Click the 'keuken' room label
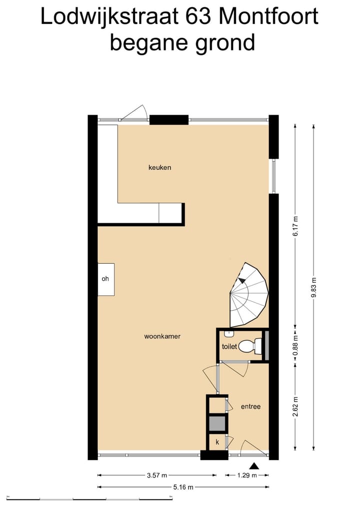pos(159,167)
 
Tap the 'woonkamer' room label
pos(162,337)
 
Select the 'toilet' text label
pos(228,346)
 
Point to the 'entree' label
pos(250,407)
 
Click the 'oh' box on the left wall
pos(105,279)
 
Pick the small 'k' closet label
pos(217,442)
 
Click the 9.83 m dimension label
pos(313,287)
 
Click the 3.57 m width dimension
pos(157,476)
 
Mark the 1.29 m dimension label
pos(246,476)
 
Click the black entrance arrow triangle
pos(254,466)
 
